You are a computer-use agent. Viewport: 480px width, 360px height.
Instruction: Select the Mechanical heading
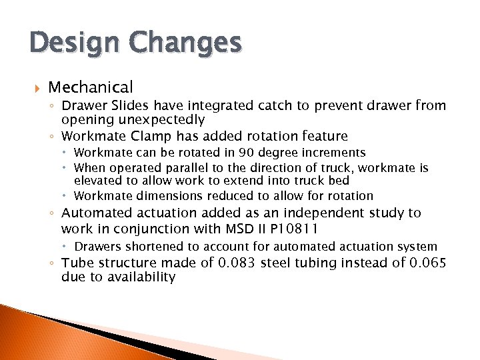point(91,87)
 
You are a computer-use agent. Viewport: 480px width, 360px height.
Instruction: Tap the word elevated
point(97,181)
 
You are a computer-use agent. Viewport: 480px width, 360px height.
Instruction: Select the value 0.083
point(237,263)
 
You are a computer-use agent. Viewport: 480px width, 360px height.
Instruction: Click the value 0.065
point(429,263)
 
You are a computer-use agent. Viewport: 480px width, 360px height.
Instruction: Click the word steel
point(278,263)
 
